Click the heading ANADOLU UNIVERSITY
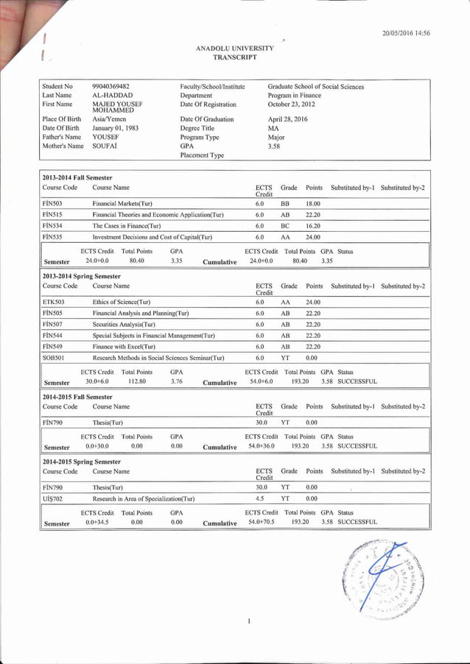(234, 48)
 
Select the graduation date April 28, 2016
(287, 119)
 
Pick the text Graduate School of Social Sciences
(315, 87)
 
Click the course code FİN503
(52, 202)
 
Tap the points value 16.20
(312, 226)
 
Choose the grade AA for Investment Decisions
(284, 238)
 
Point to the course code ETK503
(53, 302)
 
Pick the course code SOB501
(53, 358)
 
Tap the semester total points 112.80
(136, 381)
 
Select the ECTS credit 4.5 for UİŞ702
(260, 499)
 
